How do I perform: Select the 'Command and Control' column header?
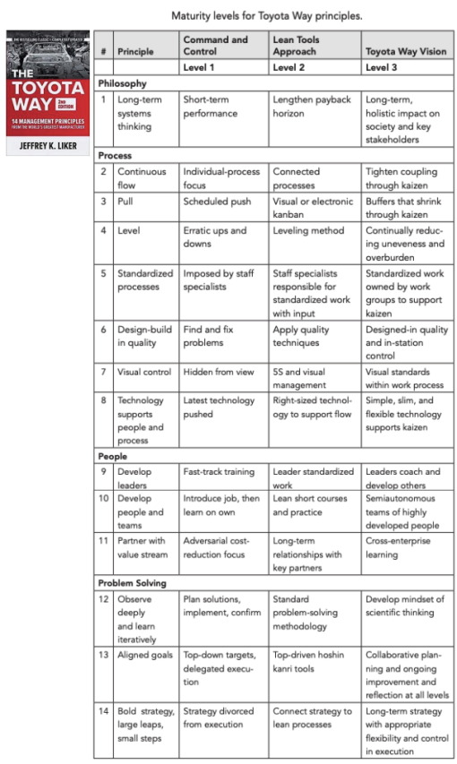[x=215, y=46]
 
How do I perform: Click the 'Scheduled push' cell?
[x=216, y=202]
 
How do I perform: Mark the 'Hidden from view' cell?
[x=219, y=372]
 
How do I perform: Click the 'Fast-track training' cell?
[x=219, y=472]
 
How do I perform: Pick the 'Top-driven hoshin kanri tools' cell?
[x=310, y=663]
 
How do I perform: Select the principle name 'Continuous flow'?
[x=142, y=178]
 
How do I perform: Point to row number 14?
[x=104, y=712]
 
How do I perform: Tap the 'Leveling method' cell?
[x=308, y=231]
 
